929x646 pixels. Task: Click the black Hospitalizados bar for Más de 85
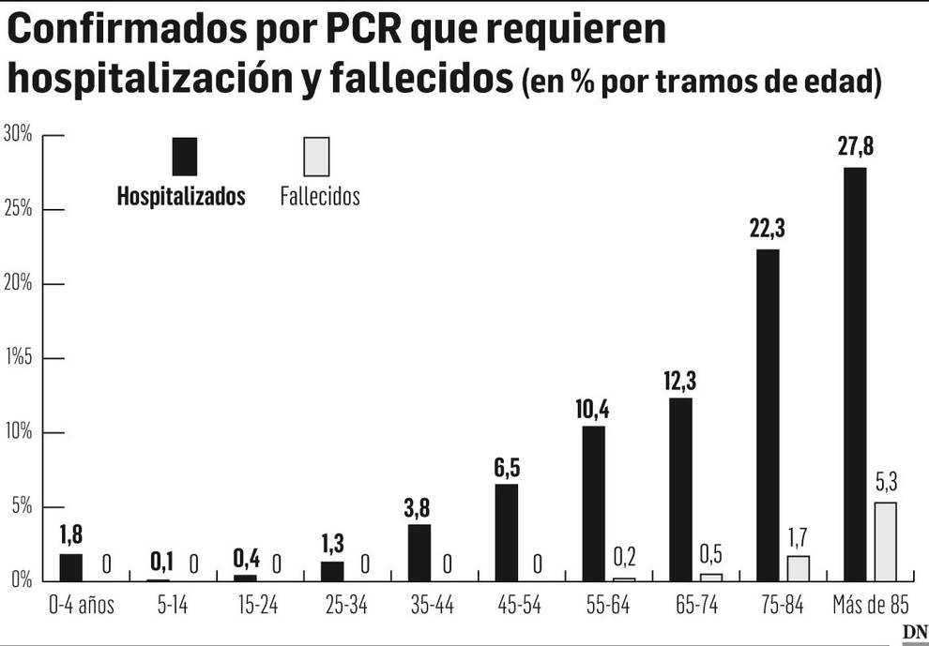click(855, 374)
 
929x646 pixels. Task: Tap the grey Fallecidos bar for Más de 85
click(885, 541)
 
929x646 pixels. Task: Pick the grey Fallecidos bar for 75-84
click(798, 568)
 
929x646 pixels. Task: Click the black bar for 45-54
click(506, 532)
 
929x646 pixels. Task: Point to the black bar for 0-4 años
click(70, 567)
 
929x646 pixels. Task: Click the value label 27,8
click(855, 148)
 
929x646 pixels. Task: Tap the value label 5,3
click(886, 484)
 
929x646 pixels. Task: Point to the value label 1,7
click(799, 538)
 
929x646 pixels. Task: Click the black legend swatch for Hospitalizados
click(185, 157)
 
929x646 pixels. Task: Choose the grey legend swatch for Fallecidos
click(317, 157)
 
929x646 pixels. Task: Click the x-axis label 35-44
click(432, 606)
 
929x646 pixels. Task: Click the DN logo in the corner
click(914, 634)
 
